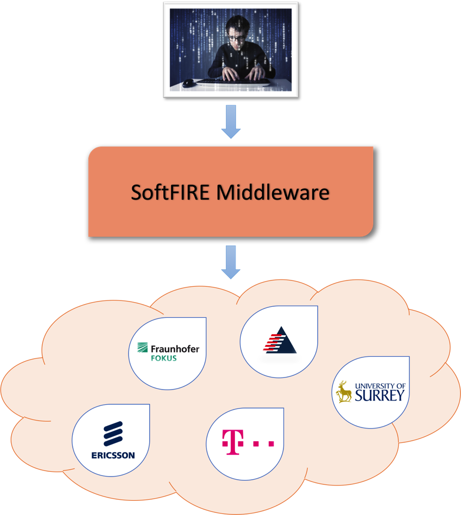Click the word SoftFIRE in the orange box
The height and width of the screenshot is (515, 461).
(170, 192)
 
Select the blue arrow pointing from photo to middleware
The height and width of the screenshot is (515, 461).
(231, 122)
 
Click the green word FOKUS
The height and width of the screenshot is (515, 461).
(163, 358)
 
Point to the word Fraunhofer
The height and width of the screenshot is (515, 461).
(175, 348)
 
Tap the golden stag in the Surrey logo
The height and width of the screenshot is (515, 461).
(345, 392)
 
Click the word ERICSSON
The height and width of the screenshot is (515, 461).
(113, 455)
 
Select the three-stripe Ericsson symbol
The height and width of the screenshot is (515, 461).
(113, 434)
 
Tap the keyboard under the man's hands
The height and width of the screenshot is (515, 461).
(232, 82)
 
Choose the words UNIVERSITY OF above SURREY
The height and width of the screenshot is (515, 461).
(380, 386)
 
